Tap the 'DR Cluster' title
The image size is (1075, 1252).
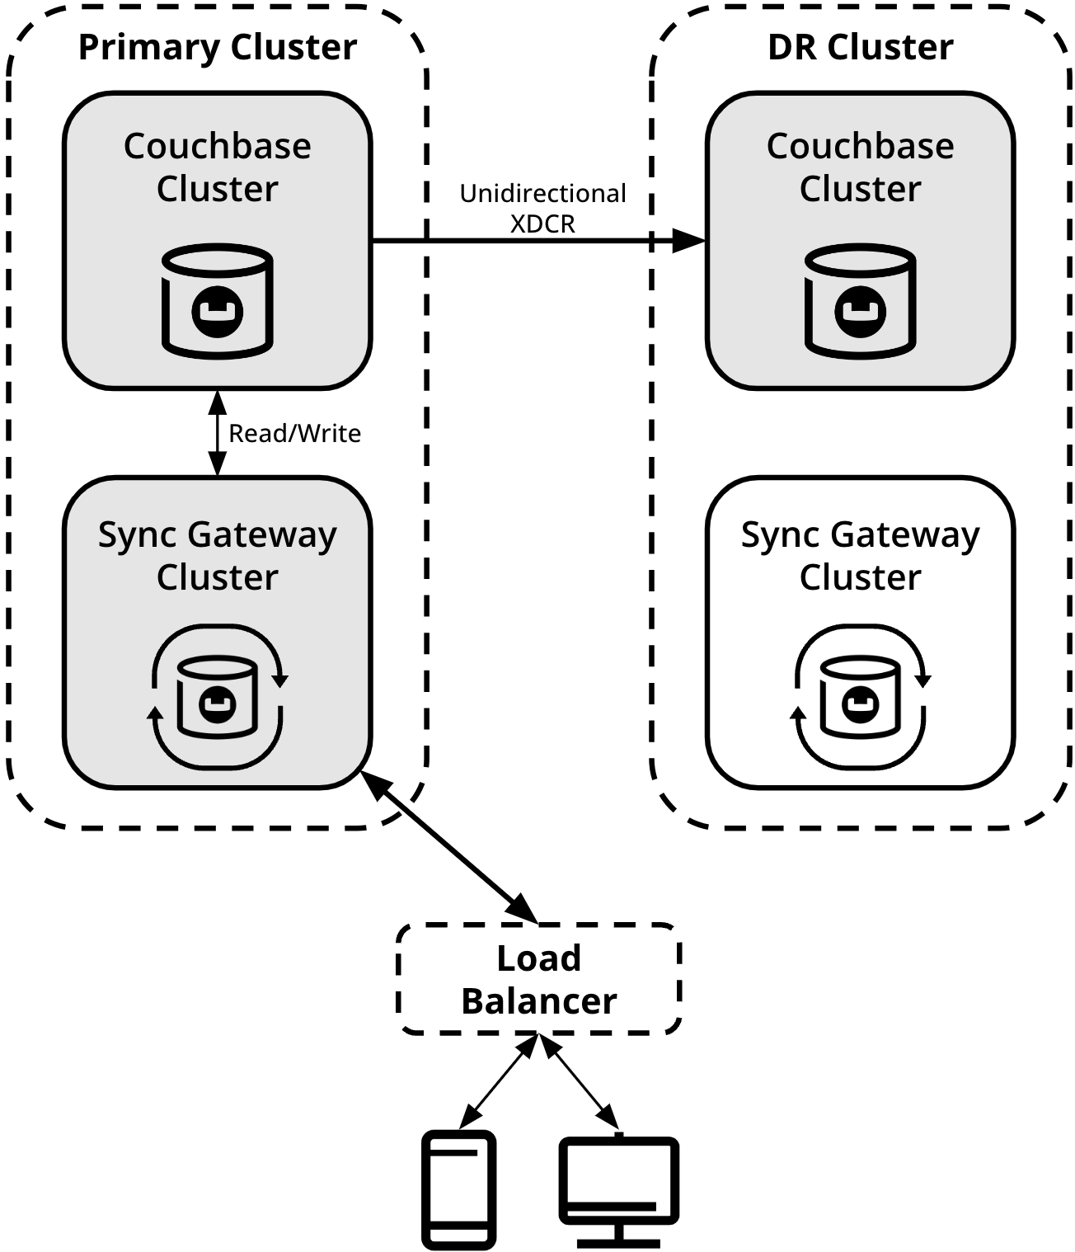[x=860, y=47]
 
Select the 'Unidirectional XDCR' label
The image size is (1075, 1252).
[x=542, y=209]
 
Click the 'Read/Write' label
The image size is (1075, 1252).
[x=295, y=433]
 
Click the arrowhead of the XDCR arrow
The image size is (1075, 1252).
[x=689, y=241]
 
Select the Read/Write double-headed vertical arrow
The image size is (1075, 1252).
[x=218, y=432]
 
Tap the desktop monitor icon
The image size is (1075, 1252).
[x=618, y=1191]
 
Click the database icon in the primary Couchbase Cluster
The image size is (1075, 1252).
[x=218, y=301]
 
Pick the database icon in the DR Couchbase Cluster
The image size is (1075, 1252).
[x=860, y=301]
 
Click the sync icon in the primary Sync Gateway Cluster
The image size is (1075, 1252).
[x=218, y=697]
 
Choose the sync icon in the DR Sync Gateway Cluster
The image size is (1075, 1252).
[x=860, y=697]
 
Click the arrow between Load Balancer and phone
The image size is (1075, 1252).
[x=499, y=1080]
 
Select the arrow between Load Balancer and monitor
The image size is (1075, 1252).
[x=579, y=1080]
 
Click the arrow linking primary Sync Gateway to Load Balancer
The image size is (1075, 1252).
[x=448, y=847]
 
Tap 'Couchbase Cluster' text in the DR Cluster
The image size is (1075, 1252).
[x=860, y=167]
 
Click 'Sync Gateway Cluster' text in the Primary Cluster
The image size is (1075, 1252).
[x=218, y=556]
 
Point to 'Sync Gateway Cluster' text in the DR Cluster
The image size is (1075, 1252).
[x=860, y=556]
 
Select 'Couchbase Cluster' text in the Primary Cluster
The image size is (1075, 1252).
[x=218, y=167]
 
